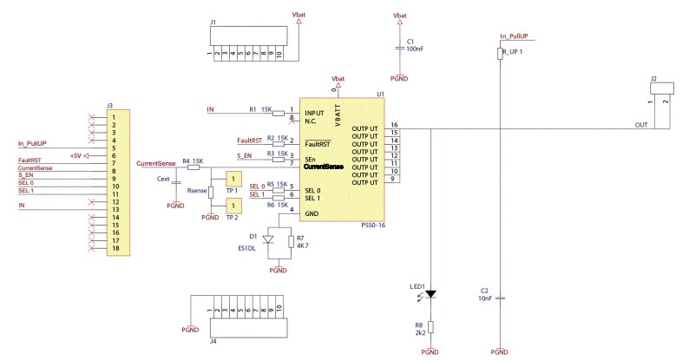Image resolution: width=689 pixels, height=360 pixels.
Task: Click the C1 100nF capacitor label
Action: [x=415, y=45]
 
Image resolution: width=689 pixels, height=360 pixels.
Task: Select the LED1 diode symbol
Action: [x=431, y=295]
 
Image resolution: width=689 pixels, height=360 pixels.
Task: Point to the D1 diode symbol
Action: [x=267, y=239]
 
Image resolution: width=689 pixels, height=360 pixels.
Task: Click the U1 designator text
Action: [x=380, y=94]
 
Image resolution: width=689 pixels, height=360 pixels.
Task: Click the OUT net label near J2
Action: [x=640, y=126]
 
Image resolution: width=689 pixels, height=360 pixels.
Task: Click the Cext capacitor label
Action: [x=162, y=180]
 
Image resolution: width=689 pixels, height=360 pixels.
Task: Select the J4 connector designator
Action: [x=213, y=342]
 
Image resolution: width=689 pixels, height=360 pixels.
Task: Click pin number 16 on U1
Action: [x=394, y=126]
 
